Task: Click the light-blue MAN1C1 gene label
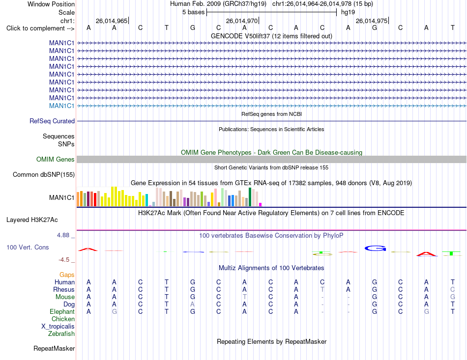click(61, 106)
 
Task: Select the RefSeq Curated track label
click(52, 121)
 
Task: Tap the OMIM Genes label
click(56, 159)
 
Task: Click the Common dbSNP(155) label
click(44, 175)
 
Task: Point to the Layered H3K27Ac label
click(32, 220)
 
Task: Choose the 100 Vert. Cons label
click(28, 247)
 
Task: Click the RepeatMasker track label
click(54, 348)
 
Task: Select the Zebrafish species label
click(61, 334)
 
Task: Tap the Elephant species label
click(62, 311)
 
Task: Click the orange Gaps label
click(67, 275)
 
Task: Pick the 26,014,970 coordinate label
click(241, 21)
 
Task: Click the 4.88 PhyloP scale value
click(63, 235)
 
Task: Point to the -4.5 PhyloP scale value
click(64, 260)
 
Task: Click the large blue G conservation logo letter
click(375, 248)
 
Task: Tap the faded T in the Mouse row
click(244, 297)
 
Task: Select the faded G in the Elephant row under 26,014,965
click(115, 311)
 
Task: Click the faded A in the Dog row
click(192, 304)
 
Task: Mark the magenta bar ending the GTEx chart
click(261, 204)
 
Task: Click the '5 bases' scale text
click(194, 12)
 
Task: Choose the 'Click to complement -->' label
click(40, 28)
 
